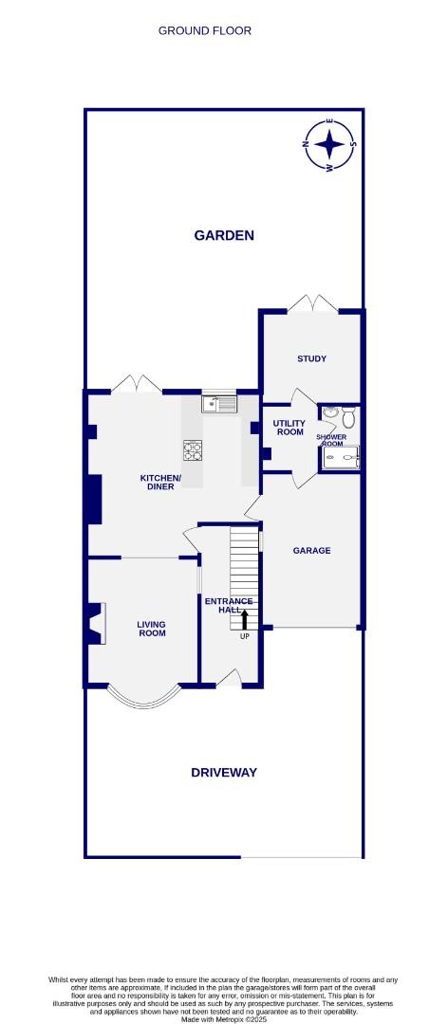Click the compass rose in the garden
pos(329,145)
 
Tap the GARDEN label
pos(224,235)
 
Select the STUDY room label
pos(311,358)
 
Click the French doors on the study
pos(312,303)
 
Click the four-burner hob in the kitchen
pos(194,449)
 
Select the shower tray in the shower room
pos(341,458)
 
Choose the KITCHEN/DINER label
pos(159,483)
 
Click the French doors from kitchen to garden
pos(136,384)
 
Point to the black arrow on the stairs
pos(245,619)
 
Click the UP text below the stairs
pos(245,635)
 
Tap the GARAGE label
pos(311,550)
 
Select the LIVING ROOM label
pos(151,628)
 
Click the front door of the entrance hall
pos(229,678)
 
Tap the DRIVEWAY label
pos(224,773)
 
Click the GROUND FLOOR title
pos(205,30)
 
